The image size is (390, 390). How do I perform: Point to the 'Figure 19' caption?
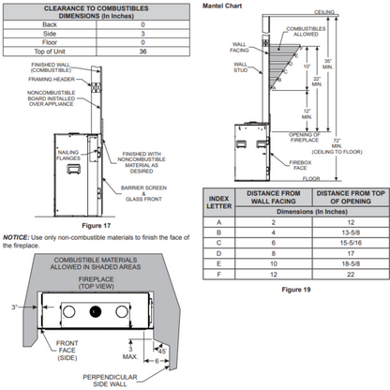(294, 289)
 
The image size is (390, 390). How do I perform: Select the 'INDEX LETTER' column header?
(217, 199)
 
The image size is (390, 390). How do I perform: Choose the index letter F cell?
(217, 275)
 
